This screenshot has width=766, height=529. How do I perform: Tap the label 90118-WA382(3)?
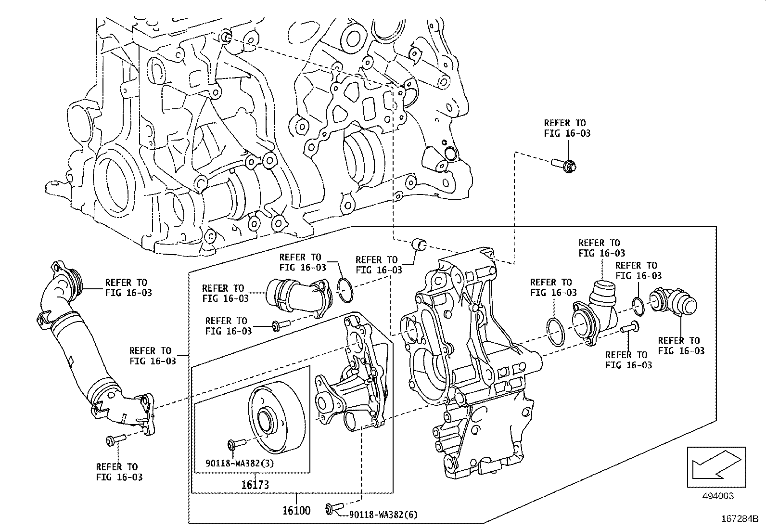coord(240,464)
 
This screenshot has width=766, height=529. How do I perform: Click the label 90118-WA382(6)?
coord(383,515)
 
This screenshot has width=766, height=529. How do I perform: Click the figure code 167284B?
coord(739,519)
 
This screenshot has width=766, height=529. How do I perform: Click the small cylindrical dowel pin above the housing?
coord(420,244)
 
